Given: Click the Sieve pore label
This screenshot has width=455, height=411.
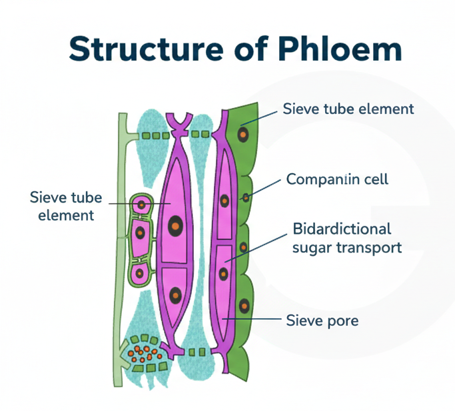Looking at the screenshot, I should tap(322, 320).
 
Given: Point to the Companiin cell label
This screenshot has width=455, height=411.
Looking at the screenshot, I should tap(336, 179).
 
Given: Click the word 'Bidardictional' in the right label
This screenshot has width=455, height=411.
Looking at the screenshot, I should tap(342, 229).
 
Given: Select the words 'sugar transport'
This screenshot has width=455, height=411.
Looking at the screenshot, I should tap(347, 248).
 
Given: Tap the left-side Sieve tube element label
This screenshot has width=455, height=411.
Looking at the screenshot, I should tap(67, 205).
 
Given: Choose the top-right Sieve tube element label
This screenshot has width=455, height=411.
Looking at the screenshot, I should tap(348, 109).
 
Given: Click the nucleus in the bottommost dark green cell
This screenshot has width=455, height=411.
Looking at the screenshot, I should tap(244, 306).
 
